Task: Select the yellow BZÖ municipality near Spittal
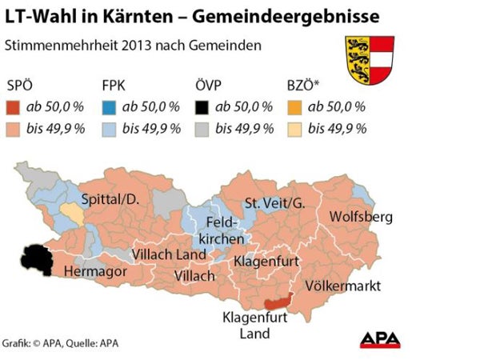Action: (x=71, y=214)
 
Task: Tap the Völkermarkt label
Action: (x=342, y=286)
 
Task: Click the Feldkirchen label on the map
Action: (x=218, y=230)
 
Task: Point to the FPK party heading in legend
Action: (x=115, y=86)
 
